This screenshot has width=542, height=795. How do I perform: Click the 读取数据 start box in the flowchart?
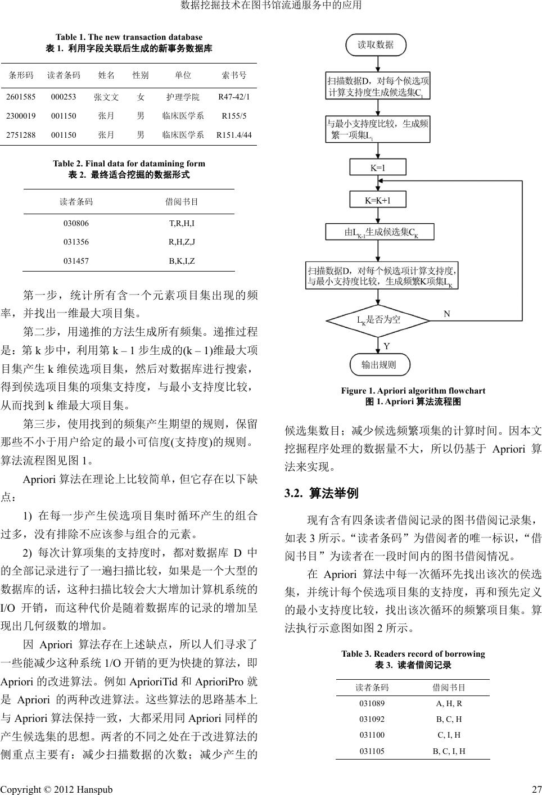[376, 45]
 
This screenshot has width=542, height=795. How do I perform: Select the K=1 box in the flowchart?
[378, 168]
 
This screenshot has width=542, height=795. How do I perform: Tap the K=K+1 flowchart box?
[378, 200]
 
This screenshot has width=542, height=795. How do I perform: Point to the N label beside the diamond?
[447, 314]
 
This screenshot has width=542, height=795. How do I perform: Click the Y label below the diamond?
[387, 346]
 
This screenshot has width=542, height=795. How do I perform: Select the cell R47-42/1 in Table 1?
[234, 97]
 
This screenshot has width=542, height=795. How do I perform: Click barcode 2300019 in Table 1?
[21, 116]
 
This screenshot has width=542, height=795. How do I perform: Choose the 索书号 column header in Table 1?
[234, 75]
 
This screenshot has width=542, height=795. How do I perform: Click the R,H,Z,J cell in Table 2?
[182, 242]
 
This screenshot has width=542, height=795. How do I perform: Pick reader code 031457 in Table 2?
[76, 261]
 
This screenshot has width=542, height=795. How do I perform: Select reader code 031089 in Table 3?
[372, 703]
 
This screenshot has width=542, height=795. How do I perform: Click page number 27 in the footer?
[536, 789]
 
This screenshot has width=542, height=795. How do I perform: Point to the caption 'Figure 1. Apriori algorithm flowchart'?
[413, 391]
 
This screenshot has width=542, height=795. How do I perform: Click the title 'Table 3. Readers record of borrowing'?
[413, 654]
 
